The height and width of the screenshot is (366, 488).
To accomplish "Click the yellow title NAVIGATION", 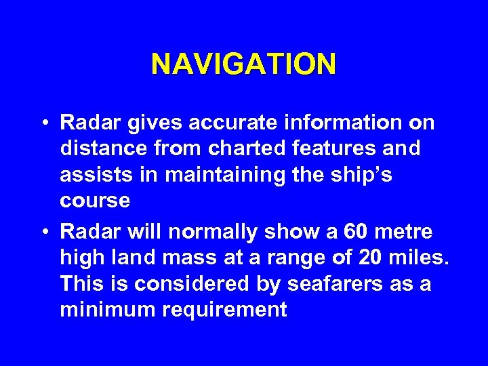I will coord(243,64).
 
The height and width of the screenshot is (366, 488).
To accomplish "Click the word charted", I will coord(238,148).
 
